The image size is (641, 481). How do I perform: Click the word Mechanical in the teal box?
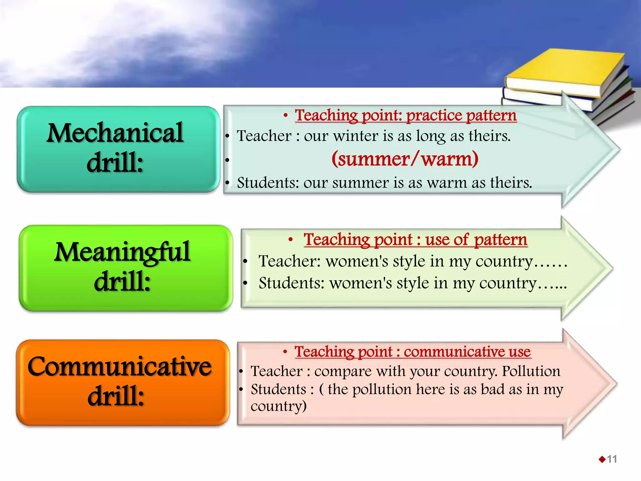click(115, 133)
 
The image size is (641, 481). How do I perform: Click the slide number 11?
click(612, 459)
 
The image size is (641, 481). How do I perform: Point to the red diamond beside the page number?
click(602, 459)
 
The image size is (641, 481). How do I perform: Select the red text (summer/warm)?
click(405, 159)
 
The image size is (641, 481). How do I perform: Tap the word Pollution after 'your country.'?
click(531, 371)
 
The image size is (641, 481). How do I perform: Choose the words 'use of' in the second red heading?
click(447, 240)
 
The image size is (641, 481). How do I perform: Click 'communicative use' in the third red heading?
click(467, 352)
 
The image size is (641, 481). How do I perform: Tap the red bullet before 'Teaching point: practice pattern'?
click(285, 116)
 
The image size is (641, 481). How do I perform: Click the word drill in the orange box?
click(115, 396)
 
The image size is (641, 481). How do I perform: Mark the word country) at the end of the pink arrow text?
click(278, 406)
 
